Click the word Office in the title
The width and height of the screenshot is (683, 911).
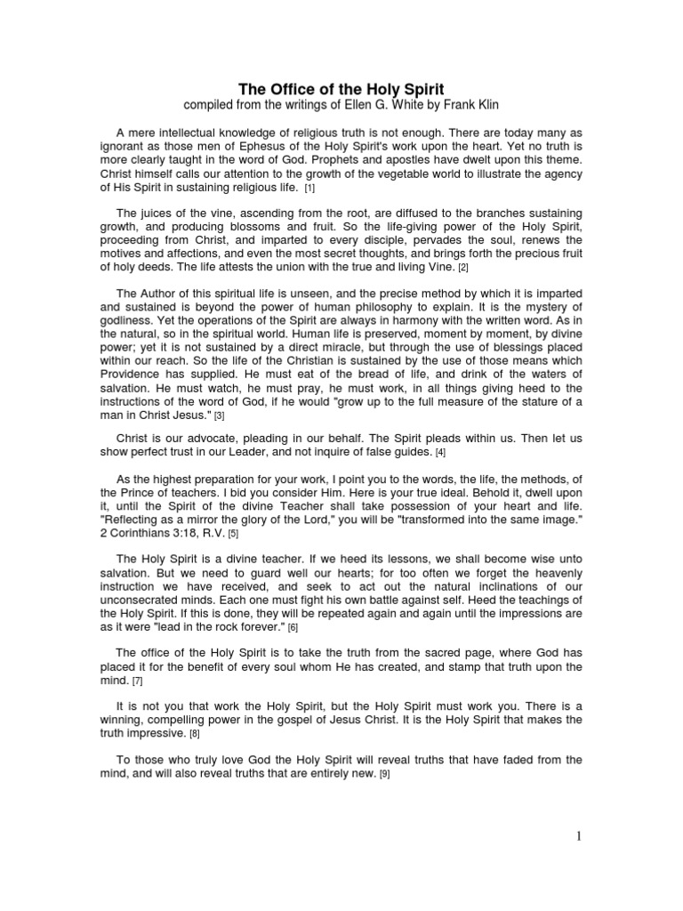click(x=289, y=90)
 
